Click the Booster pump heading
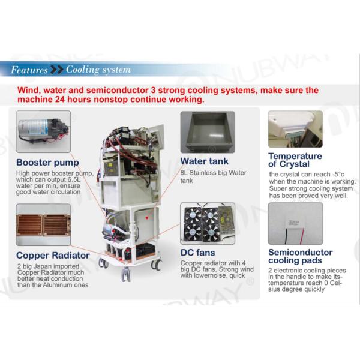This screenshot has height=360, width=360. click(x=47, y=162)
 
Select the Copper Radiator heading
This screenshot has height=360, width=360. click(x=53, y=255)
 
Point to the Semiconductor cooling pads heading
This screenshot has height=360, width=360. click(x=300, y=257)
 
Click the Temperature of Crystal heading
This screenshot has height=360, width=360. click(x=295, y=160)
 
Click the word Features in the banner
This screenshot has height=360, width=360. click(x=29, y=70)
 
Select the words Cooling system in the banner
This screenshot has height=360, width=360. click(x=98, y=70)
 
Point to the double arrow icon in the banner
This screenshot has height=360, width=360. click(x=57, y=70)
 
